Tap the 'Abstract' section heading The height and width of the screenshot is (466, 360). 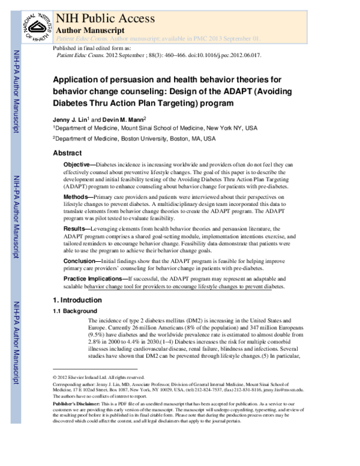[x=67, y=153]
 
